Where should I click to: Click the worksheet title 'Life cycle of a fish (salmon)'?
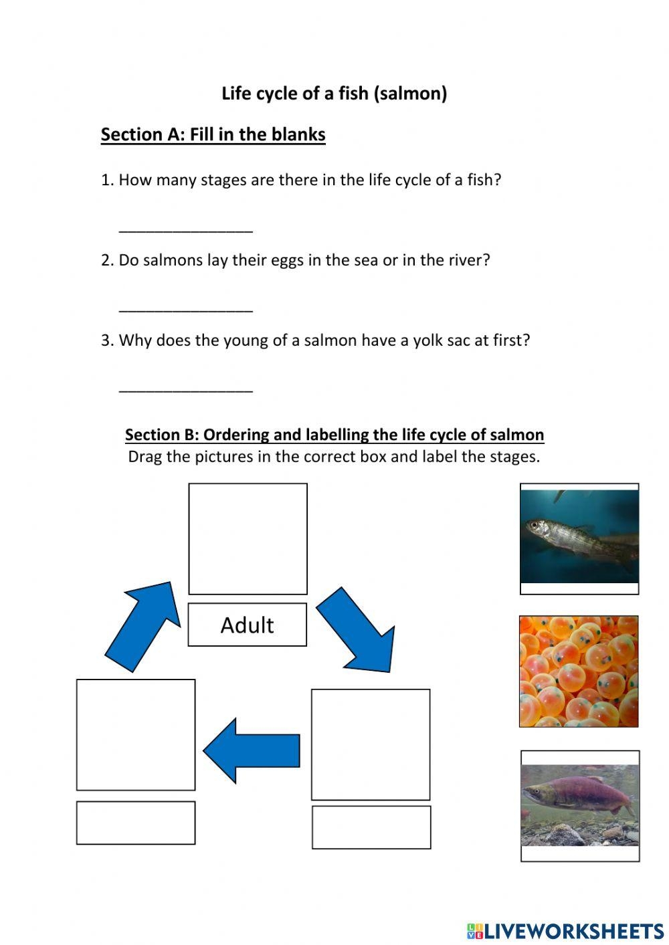click(334, 93)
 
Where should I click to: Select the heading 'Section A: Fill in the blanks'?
click(213, 134)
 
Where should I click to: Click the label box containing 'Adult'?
click(247, 625)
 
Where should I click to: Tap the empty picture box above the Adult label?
click(248, 538)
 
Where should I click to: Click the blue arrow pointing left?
click(252, 751)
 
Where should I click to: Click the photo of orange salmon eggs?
click(579, 671)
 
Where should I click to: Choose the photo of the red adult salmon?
click(580, 805)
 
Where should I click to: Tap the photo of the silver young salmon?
click(579, 537)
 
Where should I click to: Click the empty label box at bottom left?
click(136, 823)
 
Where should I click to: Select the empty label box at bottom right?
click(371, 827)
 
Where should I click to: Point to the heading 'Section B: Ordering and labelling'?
click(334, 435)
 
